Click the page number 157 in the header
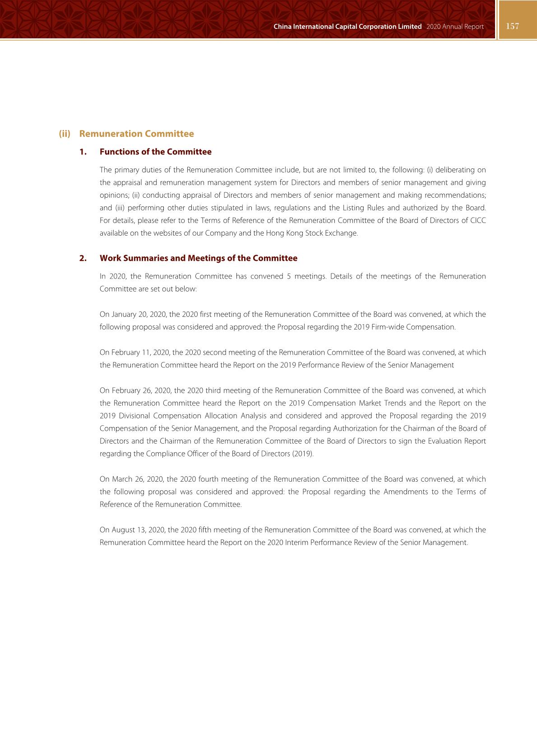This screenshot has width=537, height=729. point(513,26)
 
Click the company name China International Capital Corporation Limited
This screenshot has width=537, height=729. point(347,27)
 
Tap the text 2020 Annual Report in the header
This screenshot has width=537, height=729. point(454,27)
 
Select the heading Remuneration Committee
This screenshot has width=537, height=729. point(136,134)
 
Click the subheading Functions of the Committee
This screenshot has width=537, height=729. point(155,152)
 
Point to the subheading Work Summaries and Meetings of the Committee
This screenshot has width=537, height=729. point(198,258)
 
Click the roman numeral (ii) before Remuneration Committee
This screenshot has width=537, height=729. point(65,134)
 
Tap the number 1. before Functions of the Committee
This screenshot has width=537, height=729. point(83,152)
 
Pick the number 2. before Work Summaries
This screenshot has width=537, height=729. point(83,258)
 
